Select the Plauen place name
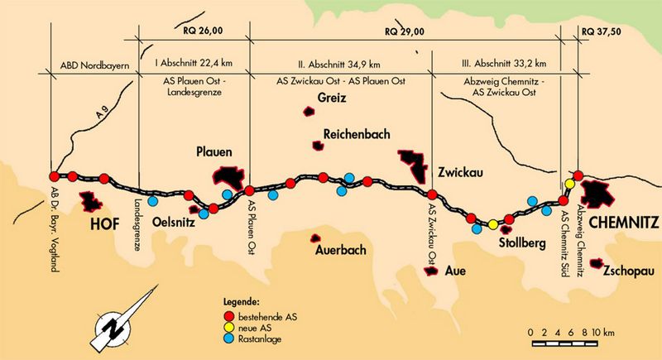pyautogui.click(x=213, y=151)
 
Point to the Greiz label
pyautogui.click(x=332, y=98)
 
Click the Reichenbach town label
pyautogui.click(x=357, y=134)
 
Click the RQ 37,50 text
pyautogui.click(x=602, y=31)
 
